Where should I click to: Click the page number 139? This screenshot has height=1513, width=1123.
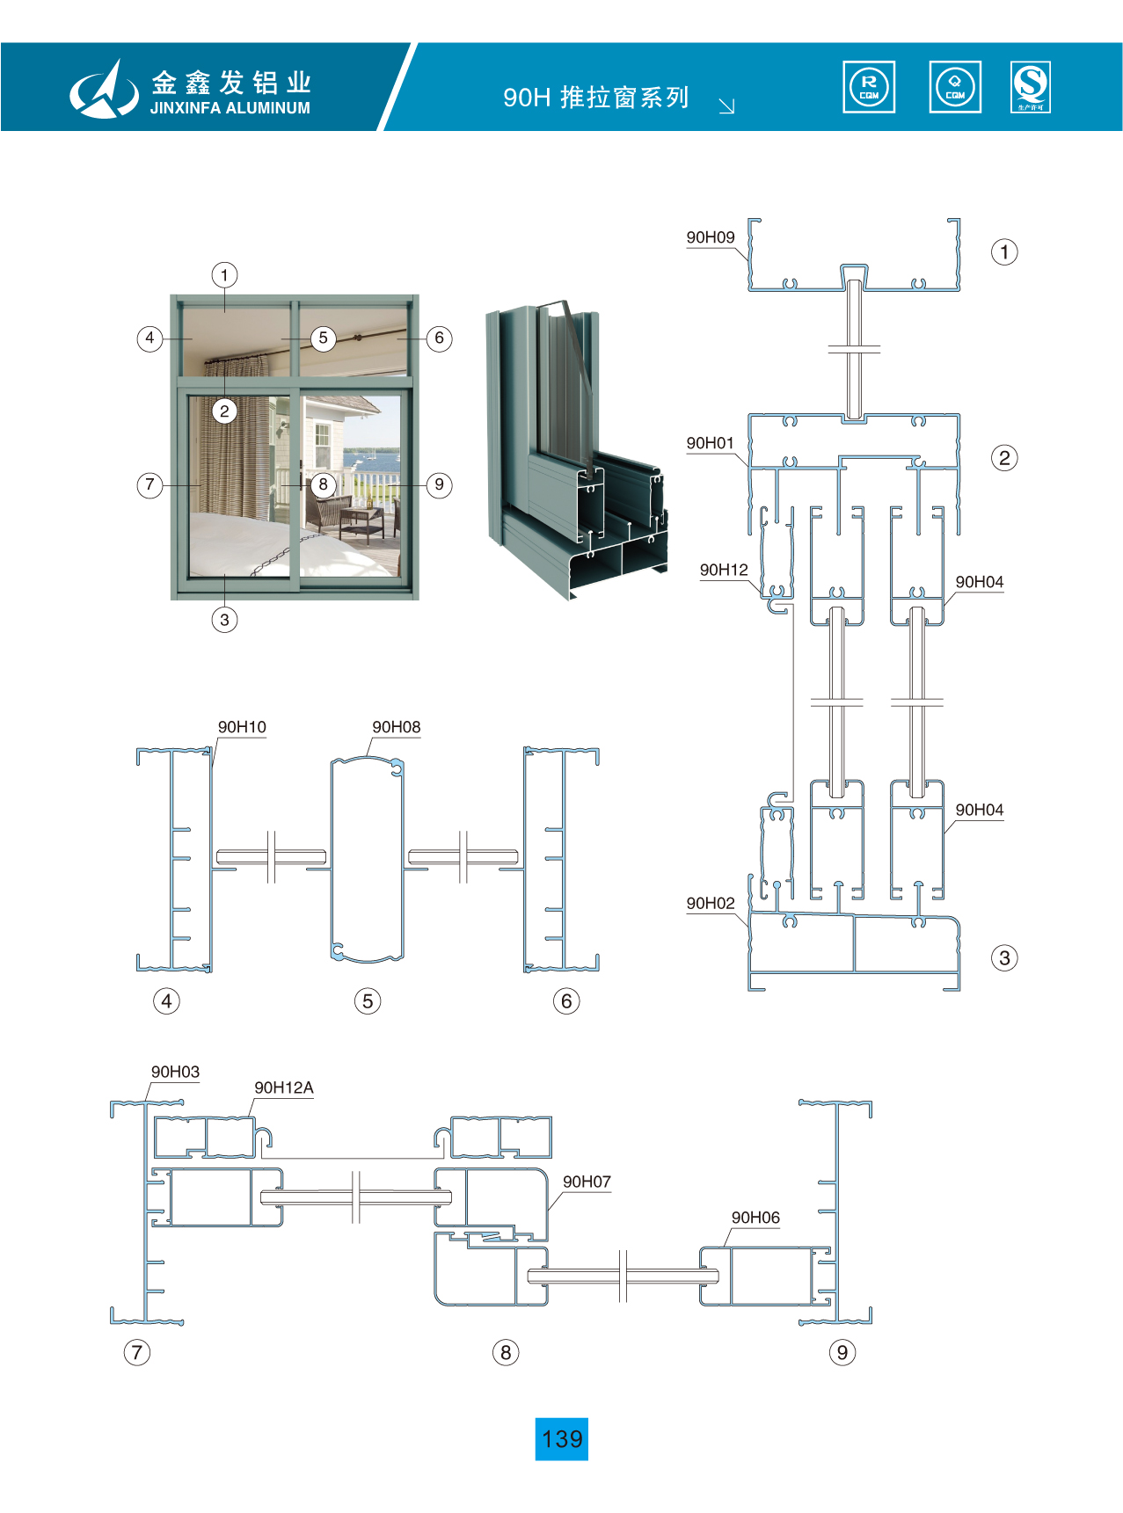(x=562, y=1439)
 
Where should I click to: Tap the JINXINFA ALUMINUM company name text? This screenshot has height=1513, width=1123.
(x=230, y=108)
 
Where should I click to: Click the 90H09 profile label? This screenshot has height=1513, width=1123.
(x=711, y=237)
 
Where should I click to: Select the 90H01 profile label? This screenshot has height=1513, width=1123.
(x=711, y=443)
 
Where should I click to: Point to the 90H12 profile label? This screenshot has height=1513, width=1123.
(x=724, y=570)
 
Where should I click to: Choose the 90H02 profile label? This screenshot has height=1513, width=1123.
(x=711, y=904)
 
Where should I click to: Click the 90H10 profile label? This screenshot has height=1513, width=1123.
(x=242, y=727)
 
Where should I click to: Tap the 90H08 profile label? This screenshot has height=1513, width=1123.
(x=396, y=727)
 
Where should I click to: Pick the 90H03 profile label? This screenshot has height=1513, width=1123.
(x=175, y=1072)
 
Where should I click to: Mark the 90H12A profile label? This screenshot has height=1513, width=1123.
(x=283, y=1087)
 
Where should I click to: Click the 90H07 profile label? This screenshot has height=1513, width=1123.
(x=587, y=1182)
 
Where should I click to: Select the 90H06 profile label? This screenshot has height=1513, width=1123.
(x=755, y=1218)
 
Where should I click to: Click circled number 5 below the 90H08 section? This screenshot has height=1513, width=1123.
(x=368, y=1000)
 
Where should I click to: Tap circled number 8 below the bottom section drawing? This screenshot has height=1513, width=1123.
(x=506, y=1352)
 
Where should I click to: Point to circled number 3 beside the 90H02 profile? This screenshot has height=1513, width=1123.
(x=1004, y=957)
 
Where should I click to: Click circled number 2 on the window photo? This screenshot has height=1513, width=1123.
(x=224, y=411)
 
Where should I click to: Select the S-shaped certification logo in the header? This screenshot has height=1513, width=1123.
(x=1031, y=87)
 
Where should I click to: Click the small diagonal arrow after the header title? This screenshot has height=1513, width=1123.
(x=726, y=106)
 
